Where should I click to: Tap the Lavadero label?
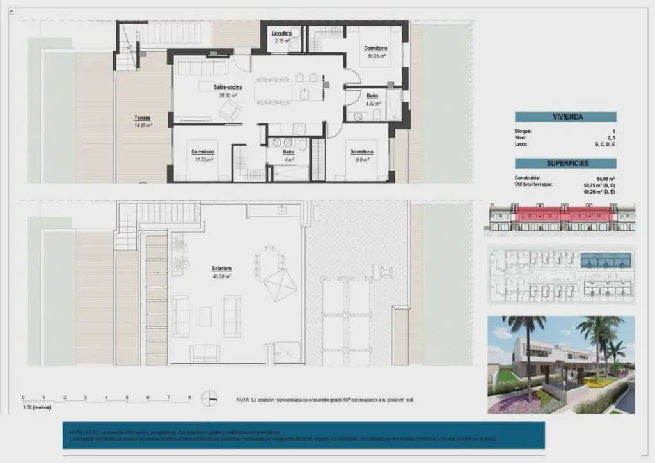[281, 33]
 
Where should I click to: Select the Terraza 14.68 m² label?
[143, 118]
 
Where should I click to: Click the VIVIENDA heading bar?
[565, 117]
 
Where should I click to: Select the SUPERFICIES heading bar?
[565, 163]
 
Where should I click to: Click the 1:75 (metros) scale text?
[37, 407]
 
